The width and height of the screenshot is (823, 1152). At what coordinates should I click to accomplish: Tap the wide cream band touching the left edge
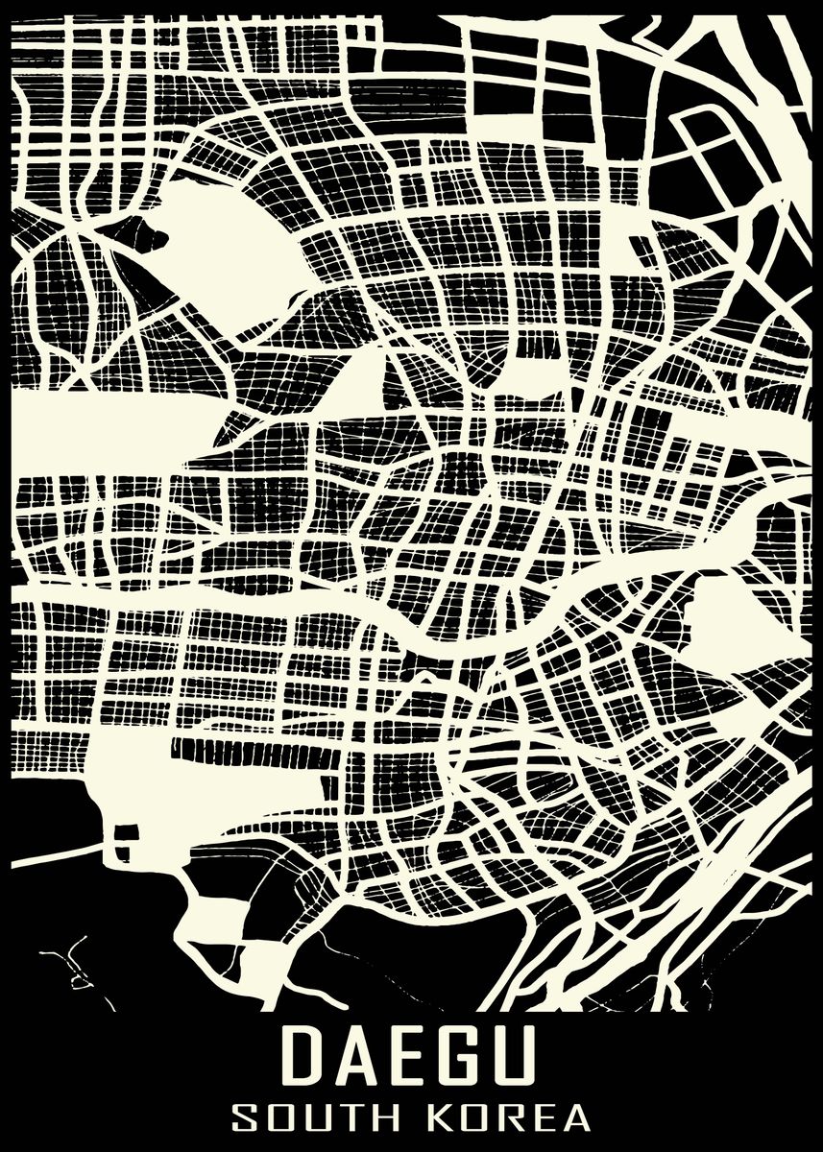coord(96,418)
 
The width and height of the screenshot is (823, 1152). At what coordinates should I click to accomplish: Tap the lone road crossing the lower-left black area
coord(58,852)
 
